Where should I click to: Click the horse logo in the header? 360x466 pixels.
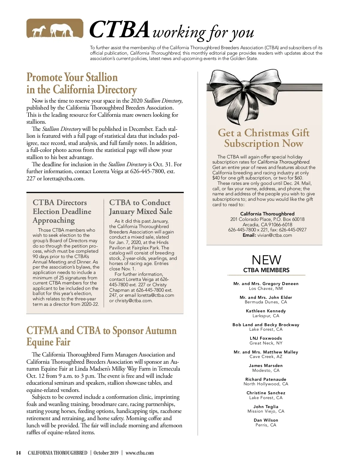coord(55,29)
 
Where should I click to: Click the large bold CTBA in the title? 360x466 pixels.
coord(119,30)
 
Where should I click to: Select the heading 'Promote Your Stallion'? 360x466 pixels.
coord(72,77)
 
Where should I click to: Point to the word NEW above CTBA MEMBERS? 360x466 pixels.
coord(266,260)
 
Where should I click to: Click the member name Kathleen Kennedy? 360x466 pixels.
coord(266,311)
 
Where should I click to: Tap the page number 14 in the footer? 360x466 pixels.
coord(18,453)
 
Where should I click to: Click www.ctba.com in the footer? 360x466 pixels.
coord(139,453)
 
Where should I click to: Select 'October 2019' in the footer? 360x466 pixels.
coord(106,453)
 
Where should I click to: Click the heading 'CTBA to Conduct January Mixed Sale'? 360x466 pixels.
coord(140,207)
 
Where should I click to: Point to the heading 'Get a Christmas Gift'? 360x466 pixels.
coord(264,133)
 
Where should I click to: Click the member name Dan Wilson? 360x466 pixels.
coord(266,420)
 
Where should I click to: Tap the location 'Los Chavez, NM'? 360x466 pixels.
coord(266,288)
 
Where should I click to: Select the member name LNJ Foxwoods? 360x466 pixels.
coord(266,338)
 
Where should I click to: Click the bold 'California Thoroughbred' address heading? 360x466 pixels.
coord(267,214)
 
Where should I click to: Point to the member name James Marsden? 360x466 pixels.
coord(266,365)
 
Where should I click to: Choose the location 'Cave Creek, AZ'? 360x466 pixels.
coord(266,356)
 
